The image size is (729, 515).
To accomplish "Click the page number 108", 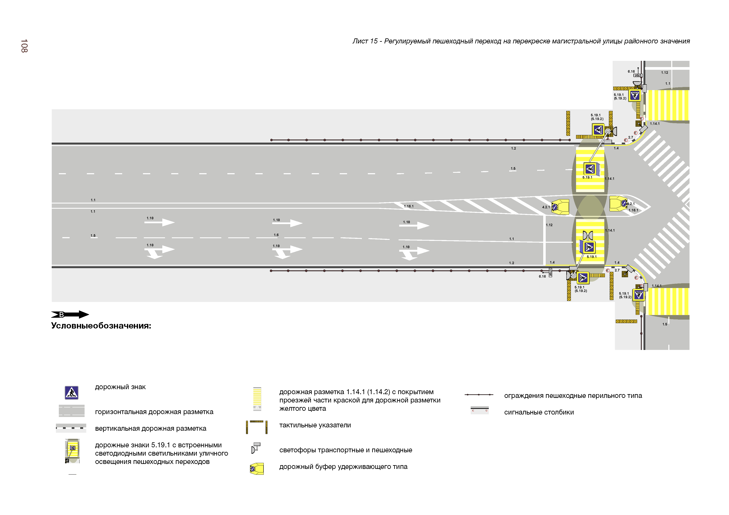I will tap(24, 46).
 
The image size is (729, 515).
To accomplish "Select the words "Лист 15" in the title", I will tap(365, 41).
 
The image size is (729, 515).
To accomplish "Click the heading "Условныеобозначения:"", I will tap(101, 326).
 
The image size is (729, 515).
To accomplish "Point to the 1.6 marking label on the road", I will tap(276, 235).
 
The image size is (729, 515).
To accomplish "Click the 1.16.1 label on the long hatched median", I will tap(409, 206).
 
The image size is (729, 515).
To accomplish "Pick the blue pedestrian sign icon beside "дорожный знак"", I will tap(71, 392).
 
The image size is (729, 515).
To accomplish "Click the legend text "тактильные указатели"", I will tap(315, 425).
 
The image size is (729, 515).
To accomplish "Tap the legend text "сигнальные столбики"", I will tap(539, 412).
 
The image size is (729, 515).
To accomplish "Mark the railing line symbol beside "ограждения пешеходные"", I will tap(479, 395).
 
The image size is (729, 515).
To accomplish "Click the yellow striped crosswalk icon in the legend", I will tap(257, 399).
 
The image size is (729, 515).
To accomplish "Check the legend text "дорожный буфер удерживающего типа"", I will tap(343, 467).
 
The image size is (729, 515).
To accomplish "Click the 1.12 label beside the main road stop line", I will tap(549, 225).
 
